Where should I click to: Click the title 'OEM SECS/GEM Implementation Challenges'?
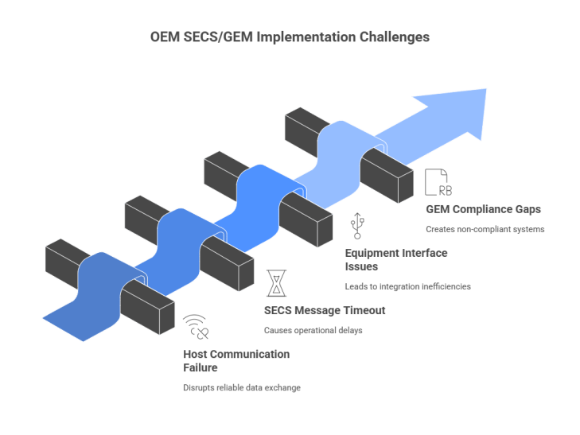pos(290,37)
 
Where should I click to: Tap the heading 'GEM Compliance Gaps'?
pos(483,209)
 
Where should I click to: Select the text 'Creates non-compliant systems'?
pos(485,229)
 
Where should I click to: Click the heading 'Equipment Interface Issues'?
pos(396,259)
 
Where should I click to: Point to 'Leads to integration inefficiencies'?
pos(407,286)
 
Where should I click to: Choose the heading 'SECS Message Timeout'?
pos(325,310)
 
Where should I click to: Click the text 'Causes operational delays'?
pos(313,330)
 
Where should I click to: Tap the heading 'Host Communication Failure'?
pos(236,361)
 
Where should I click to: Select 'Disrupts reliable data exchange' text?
pos(242,387)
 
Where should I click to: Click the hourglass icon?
pos(277,283)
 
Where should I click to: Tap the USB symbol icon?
pos(357,225)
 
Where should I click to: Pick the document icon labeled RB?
pos(438,182)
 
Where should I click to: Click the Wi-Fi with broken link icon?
pos(196,327)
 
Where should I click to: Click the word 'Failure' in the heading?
pos(200,367)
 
